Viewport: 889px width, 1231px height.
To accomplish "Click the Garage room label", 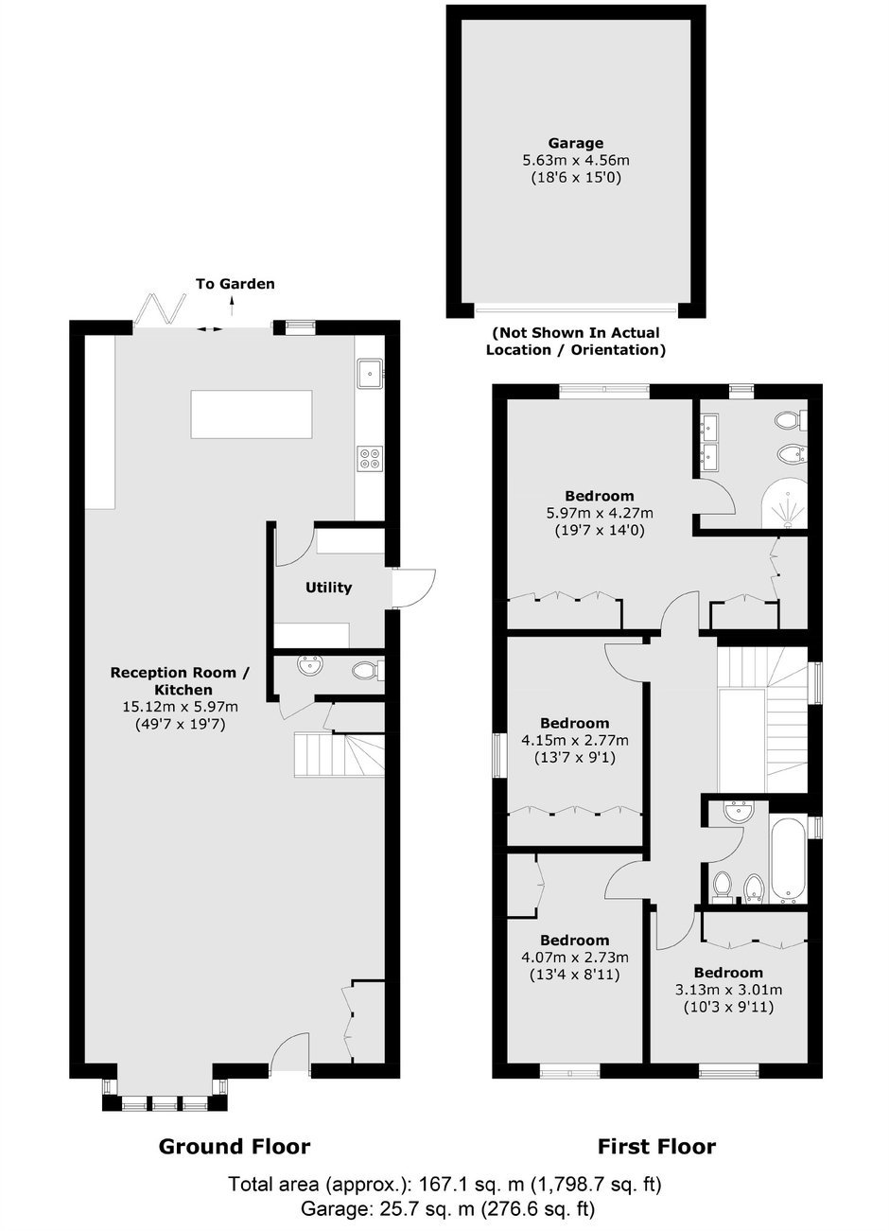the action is [x=575, y=143].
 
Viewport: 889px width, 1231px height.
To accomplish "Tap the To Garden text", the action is [x=235, y=284].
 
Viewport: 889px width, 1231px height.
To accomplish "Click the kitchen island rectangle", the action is [x=252, y=414].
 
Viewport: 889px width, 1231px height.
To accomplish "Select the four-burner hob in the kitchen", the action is [x=370, y=459].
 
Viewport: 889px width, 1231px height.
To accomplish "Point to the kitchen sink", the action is [x=371, y=374].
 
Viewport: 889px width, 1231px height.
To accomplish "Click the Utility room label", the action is [x=328, y=588].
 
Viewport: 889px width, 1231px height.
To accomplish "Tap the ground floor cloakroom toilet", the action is [x=367, y=671].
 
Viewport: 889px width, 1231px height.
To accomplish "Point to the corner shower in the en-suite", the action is [x=785, y=502].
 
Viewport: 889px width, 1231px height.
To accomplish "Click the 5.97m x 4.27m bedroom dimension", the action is [x=600, y=513].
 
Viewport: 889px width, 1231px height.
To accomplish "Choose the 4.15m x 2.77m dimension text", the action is [x=575, y=740].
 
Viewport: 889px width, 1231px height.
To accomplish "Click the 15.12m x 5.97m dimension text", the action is [x=181, y=707].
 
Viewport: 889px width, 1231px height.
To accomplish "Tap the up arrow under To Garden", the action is [x=232, y=306].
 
